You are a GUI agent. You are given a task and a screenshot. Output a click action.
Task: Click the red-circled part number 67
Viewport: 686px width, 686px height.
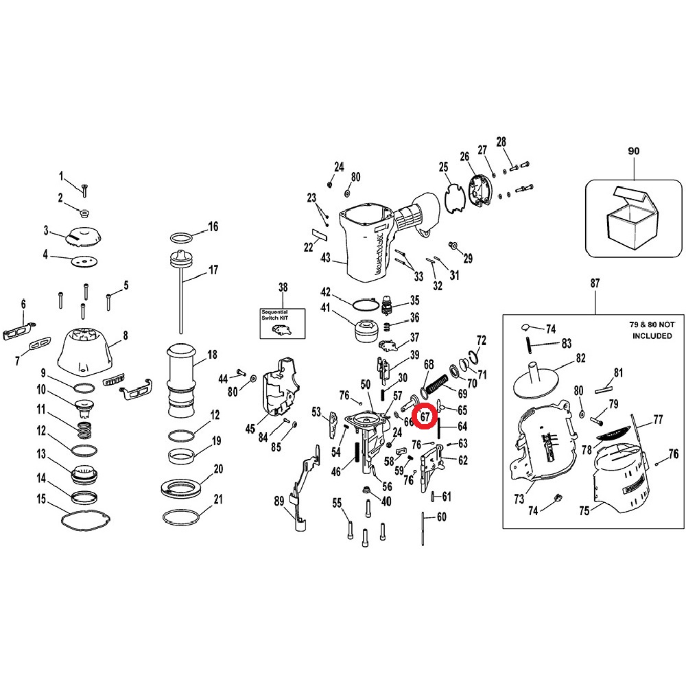pyautogui.click(x=426, y=415)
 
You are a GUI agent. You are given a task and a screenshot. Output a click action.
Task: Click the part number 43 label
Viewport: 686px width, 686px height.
pyautogui.click(x=325, y=258)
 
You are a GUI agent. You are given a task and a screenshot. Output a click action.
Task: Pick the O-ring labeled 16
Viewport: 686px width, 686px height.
pyautogui.click(x=181, y=238)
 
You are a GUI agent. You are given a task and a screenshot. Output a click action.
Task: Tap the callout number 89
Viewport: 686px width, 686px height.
pyautogui.click(x=279, y=501)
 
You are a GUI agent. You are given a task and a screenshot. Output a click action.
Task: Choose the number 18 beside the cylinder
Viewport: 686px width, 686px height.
pyautogui.click(x=212, y=355)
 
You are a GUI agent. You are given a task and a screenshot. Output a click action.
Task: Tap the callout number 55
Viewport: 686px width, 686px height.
pyautogui.click(x=337, y=503)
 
